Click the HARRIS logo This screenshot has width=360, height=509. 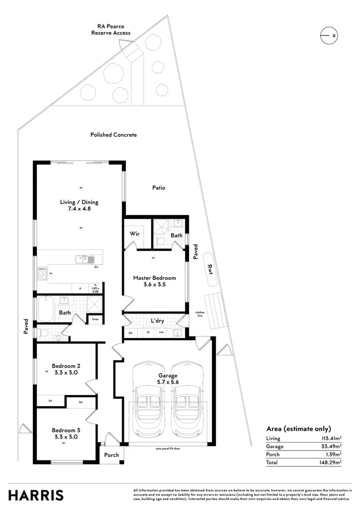point(36,495)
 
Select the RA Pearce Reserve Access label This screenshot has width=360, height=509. point(111,30)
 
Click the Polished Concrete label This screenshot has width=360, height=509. point(114,135)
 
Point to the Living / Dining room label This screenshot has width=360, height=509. point(79,205)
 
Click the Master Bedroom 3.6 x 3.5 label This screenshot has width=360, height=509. point(155,281)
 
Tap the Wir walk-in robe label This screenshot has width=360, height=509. point(134,233)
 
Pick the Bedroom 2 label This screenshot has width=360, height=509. point(66,369)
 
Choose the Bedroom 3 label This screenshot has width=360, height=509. point(66,433)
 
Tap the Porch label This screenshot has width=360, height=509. point(112,455)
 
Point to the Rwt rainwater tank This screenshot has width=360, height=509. point(210,269)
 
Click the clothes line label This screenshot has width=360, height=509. point(201,314)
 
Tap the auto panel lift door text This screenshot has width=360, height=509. point(168,448)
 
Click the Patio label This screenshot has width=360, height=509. point(158,188)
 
